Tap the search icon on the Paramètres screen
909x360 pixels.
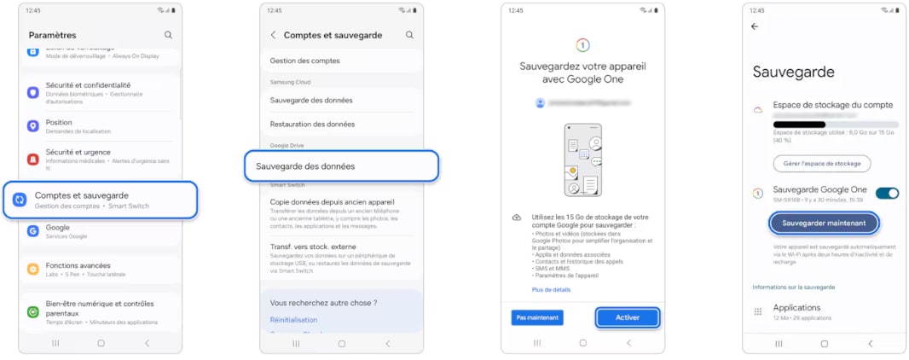(168, 35)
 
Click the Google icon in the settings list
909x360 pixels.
(33, 230)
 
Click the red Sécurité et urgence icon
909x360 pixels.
(33, 159)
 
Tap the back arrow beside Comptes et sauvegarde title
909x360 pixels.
(274, 35)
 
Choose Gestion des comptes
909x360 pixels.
(304, 61)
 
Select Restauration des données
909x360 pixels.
(312, 124)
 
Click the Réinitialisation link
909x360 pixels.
(293, 320)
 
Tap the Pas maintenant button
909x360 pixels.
(537, 317)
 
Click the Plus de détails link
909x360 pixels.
(550, 290)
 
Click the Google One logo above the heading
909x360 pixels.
(583, 44)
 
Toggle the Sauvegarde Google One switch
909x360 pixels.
(887, 193)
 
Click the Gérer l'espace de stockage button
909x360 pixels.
(822, 163)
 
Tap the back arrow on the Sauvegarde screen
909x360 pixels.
(754, 26)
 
